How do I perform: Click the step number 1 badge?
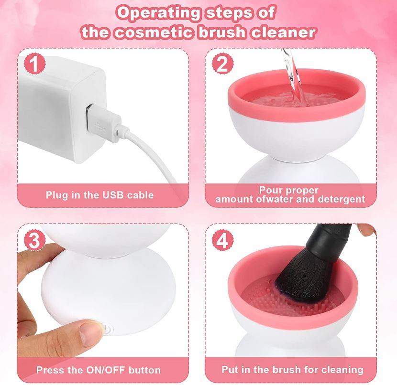point(34,64)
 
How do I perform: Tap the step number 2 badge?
point(221,64)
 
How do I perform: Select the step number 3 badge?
point(34,241)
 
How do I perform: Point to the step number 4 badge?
point(221,241)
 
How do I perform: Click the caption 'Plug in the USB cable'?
point(99,195)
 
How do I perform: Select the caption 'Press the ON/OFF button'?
point(99,370)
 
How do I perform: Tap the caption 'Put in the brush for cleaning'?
point(292,370)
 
